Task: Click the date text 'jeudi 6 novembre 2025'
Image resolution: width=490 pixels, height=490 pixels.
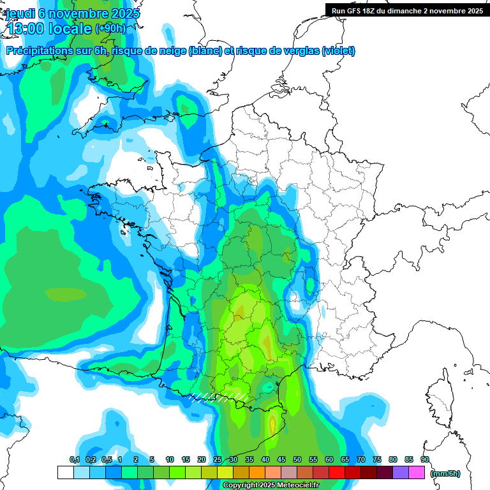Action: coord(73,13)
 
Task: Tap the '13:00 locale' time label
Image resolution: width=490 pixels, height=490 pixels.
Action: coord(48,29)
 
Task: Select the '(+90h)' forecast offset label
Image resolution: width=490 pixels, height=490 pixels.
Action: coord(110,29)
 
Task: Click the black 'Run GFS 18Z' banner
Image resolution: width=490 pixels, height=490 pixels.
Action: coord(407,10)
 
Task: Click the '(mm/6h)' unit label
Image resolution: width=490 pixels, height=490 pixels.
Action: coord(445,473)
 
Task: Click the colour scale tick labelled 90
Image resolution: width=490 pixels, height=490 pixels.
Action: coord(425,459)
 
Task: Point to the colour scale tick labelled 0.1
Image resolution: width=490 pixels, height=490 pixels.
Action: coord(74,459)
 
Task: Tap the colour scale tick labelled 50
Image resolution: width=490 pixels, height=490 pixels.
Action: coord(297,459)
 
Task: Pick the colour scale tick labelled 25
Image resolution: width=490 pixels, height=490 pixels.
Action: coord(218,459)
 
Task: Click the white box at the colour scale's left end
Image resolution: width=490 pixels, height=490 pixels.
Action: coord(65,473)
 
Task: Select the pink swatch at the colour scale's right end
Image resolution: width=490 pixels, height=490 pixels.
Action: coord(417,473)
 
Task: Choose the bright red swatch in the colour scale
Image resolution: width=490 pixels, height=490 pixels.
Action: coord(337,473)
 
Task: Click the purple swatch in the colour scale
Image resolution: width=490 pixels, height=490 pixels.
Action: coord(401,473)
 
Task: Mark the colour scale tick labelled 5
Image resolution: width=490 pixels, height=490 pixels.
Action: coord(152,459)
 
